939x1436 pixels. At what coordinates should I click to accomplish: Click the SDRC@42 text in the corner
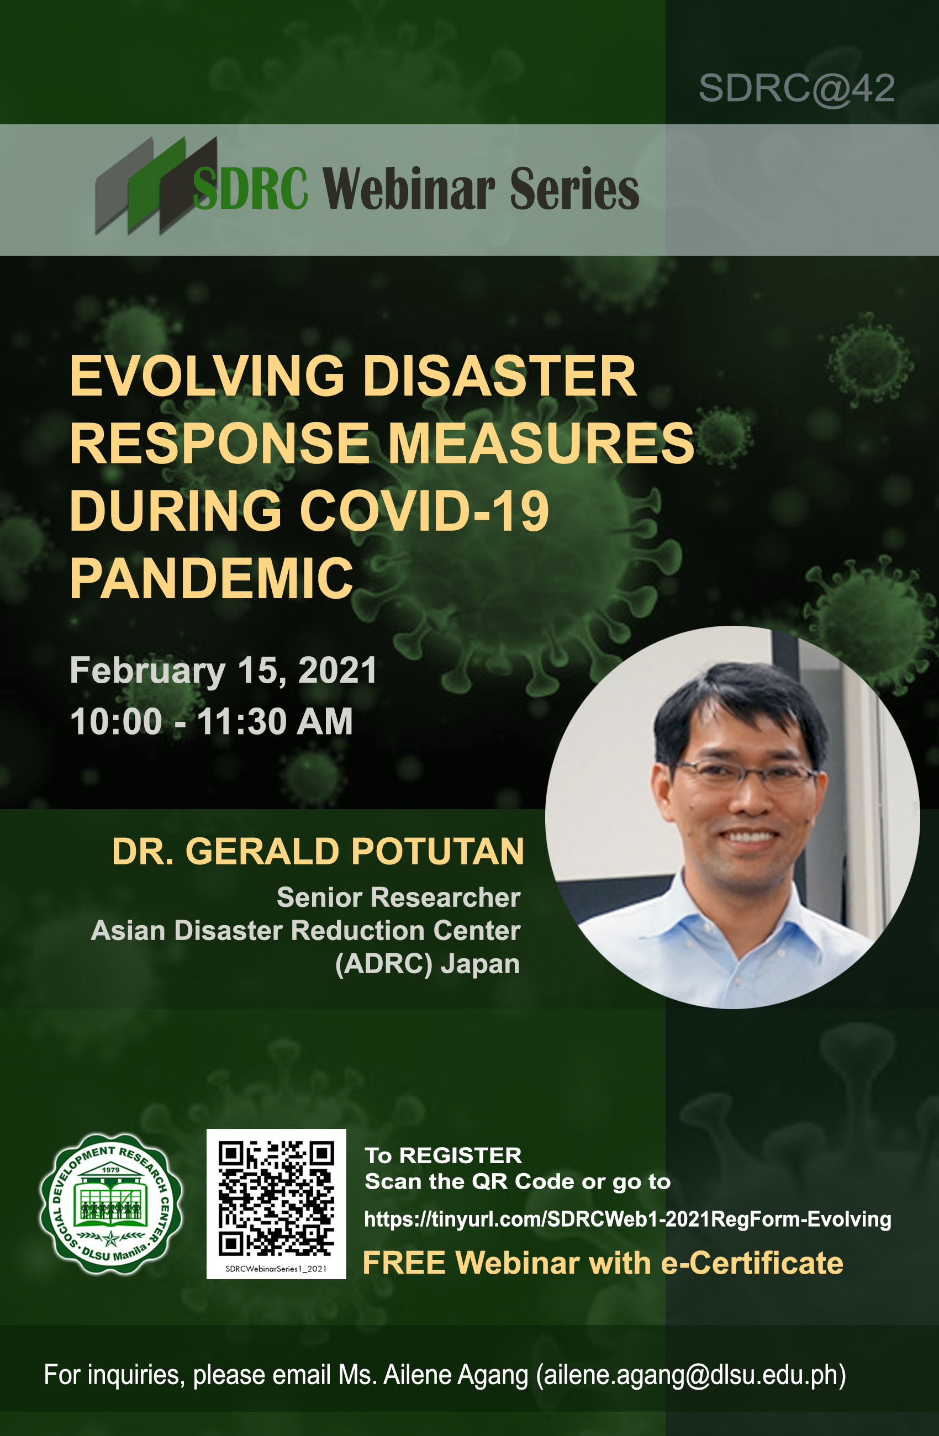click(x=796, y=89)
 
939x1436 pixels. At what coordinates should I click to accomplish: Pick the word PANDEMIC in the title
click(x=211, y=579)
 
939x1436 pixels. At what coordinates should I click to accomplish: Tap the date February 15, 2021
click(x=223, y=671)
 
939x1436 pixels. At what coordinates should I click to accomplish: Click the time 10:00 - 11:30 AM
click(x=211, y=722)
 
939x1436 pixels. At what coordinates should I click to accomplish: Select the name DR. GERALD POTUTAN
click(x=318, y=852)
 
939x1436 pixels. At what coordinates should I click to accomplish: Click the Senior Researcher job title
click(x=398, y=897)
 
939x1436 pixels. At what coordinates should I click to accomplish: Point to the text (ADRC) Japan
click(x=428, y=964)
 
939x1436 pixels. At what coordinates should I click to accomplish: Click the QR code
click(x=276, y=1197)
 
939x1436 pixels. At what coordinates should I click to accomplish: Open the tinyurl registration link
click(x=627, y=1219)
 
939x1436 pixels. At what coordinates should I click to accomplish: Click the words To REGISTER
click(x=443, y=1155)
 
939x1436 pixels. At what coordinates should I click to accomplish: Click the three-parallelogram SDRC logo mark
click(x=156, y=186)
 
